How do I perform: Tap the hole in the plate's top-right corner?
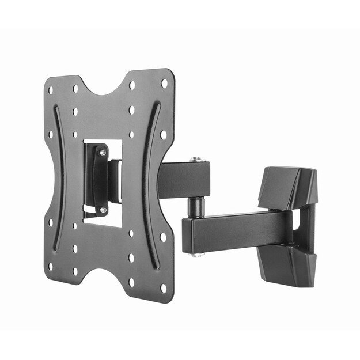[x=164, y=84]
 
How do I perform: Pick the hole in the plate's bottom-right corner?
[x=164, y=287]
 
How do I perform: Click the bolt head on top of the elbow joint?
[x=198, y=159]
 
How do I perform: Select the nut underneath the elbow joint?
[x=197, y=253]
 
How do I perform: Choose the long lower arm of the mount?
[x=236, y=230]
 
